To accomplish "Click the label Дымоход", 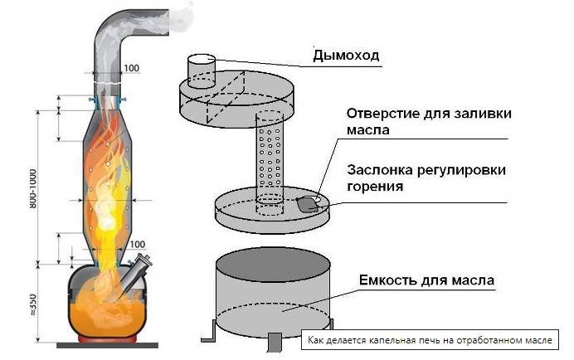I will point(346,56).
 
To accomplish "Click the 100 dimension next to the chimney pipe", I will point(131,66).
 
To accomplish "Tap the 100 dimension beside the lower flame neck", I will point(136,244).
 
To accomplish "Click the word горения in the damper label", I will point(376,187).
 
